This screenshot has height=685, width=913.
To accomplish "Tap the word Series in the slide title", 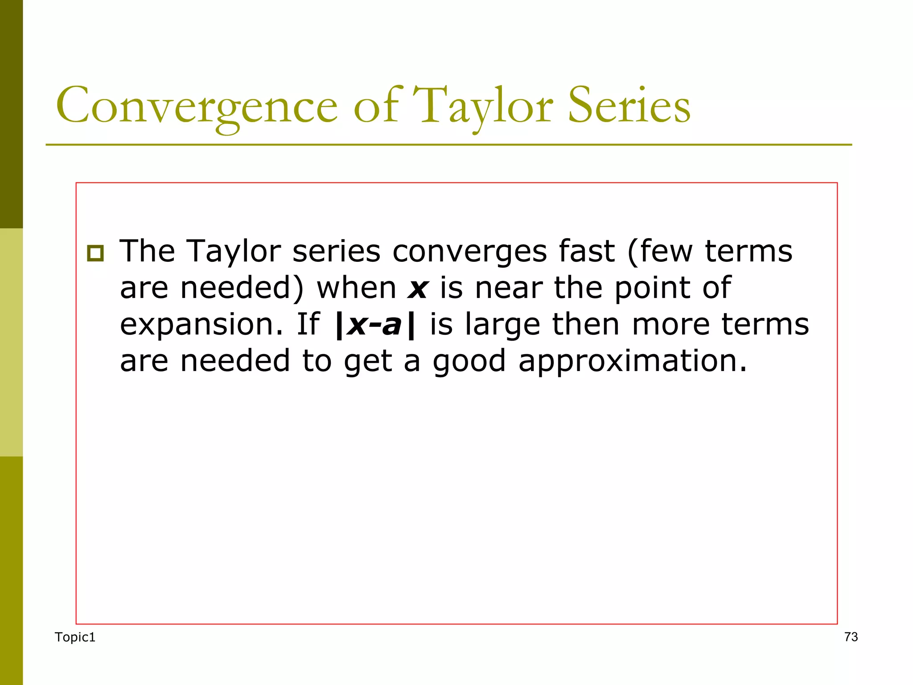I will point(629,106).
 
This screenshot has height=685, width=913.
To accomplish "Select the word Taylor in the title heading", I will point(483,107).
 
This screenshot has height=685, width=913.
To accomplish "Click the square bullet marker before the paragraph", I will point(95,253).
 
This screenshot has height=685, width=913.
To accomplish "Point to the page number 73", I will point(851,637).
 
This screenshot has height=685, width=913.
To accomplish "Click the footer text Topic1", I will point(75,637).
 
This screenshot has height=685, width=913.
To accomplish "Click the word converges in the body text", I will point(469,252).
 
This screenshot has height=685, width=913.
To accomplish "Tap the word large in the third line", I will point(502,326).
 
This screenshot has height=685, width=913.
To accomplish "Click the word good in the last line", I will point(469,362).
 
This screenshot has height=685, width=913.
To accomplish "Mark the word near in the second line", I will point(508,288).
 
